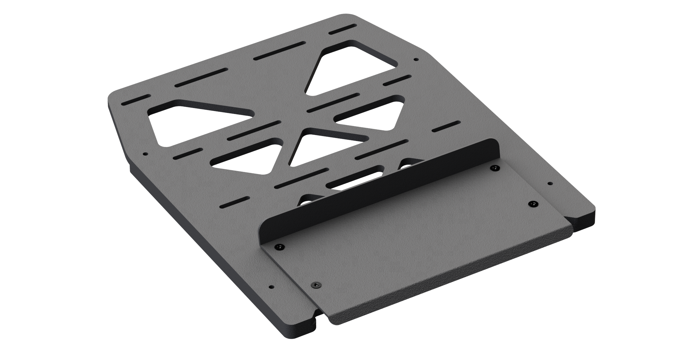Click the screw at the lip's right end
(x=495, y=168)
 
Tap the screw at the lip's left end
(x=279, y=247)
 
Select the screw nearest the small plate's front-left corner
(x=316, y=285)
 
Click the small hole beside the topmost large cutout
(x=416, y=60)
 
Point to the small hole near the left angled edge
(x=145, y=154)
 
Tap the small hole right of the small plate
(x=550, y=183)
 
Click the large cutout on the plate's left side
(x=197, y=122)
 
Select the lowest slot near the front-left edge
(x=235, y=201)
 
